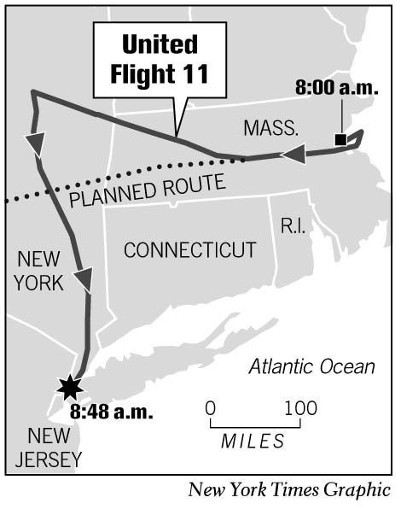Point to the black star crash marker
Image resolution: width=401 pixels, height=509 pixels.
point(68,389)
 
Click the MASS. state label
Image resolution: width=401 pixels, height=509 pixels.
point(270,129)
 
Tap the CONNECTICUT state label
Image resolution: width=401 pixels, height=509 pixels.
point(189,250)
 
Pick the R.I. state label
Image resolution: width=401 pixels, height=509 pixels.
point(293,225)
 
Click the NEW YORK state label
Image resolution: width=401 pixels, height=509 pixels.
point(39,270)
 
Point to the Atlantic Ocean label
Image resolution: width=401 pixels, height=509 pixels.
point(311,367)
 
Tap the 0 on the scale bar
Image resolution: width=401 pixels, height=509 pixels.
point(211,407)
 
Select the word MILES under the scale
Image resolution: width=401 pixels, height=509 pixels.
point(253,441)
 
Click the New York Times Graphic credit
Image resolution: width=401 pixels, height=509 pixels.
point(290,490)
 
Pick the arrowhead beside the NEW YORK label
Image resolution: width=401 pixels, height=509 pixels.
point(84,279)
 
